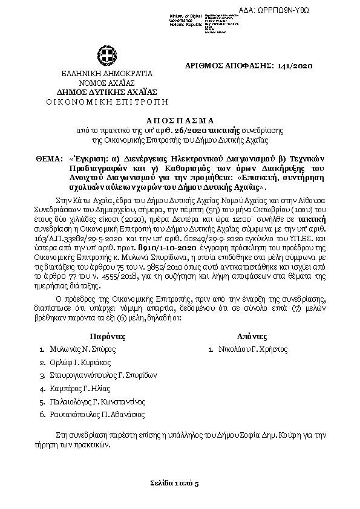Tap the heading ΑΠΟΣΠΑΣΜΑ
click(180, 120)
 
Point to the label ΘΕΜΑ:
click(48, 158)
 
